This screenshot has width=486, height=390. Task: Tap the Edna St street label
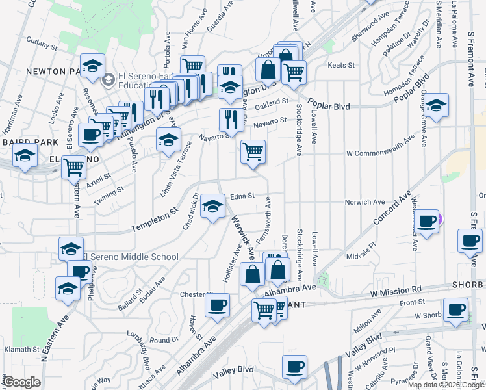[x=240, y=196]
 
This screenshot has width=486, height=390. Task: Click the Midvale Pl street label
[x=362, y=247]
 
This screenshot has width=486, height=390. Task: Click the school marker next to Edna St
[x=212, y=207]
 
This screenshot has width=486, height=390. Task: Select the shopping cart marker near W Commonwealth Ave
[x=253, y=152]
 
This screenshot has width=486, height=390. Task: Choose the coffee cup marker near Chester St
[x=218, y=304]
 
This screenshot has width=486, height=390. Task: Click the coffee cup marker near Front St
[x=455, y=310]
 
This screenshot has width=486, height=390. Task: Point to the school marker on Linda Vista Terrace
[x=168, y=140]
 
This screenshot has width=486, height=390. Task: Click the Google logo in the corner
[x=21, y=382]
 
